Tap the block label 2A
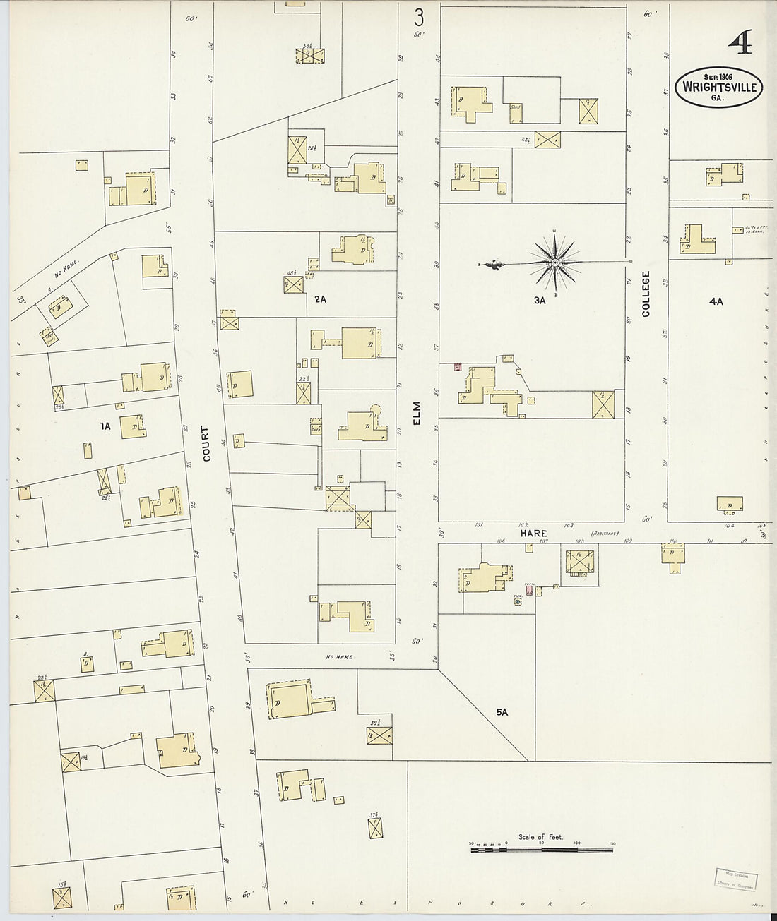click(x=321, y=299)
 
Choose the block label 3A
click(x=541, y=300)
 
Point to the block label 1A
click(x=106, y=426)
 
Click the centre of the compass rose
click(x=556, y=263)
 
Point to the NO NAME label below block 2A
click(x=339, y=656)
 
